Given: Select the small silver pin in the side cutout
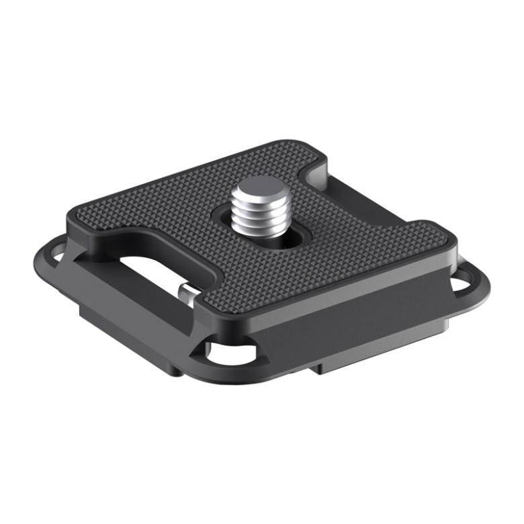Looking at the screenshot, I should click(x=187, y=293).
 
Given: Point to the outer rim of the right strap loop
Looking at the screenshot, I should click(x=482, y=286).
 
